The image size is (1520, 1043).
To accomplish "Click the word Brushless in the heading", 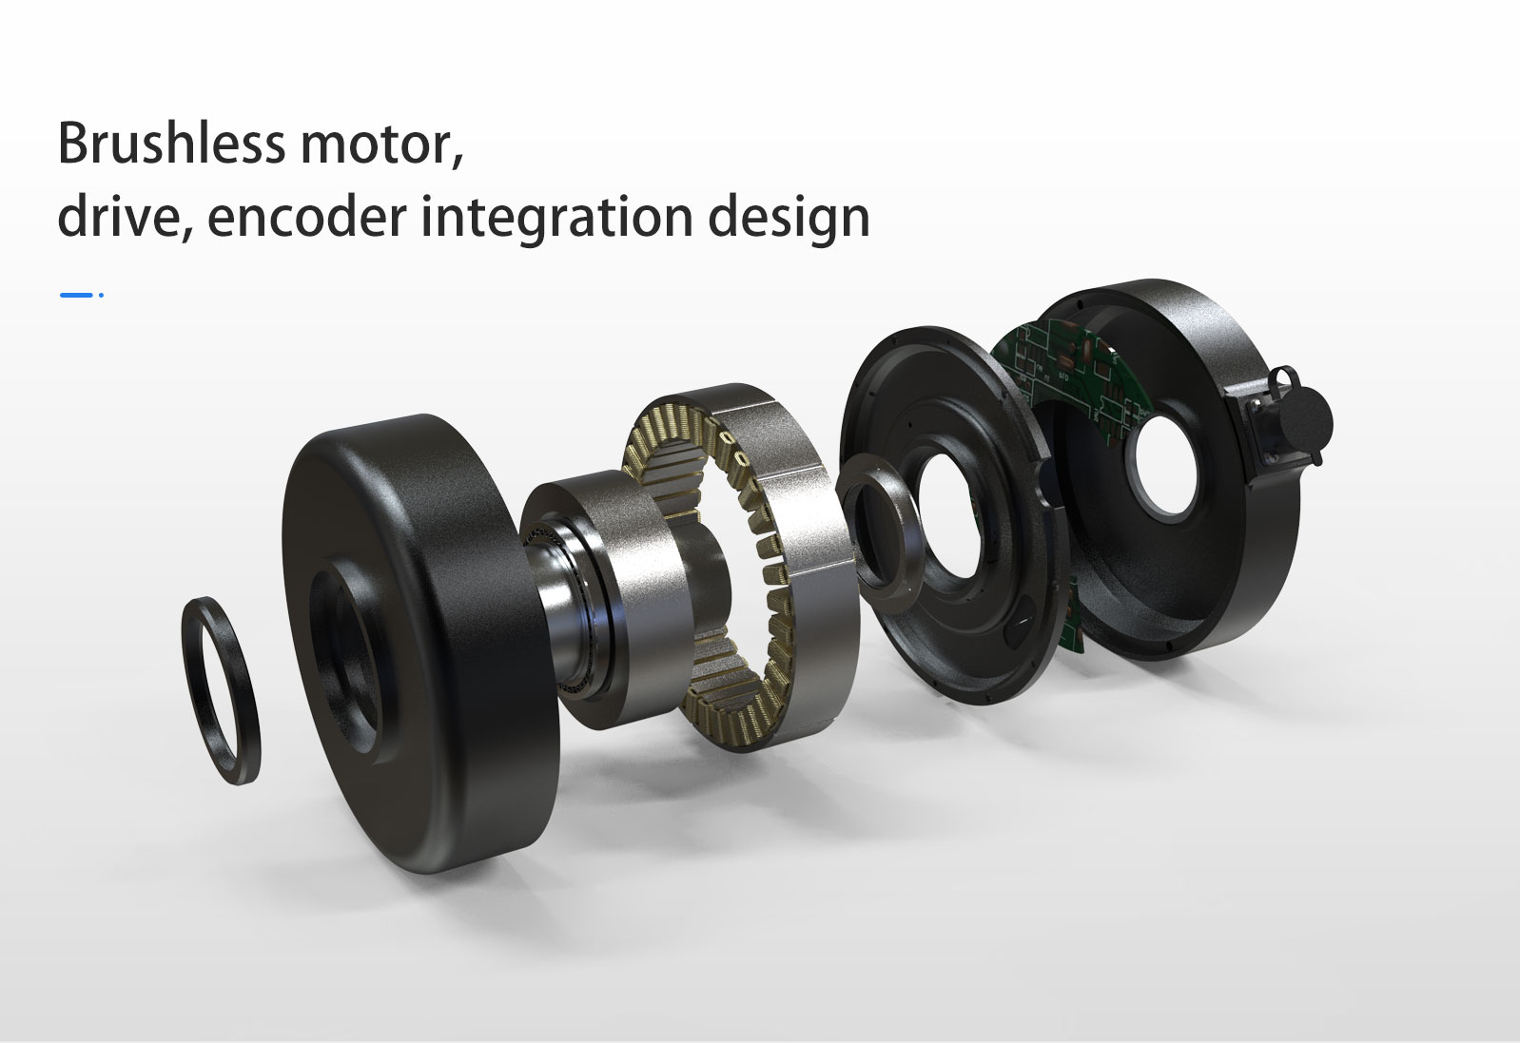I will [x=171, y=144].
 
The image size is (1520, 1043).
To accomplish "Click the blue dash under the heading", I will [x=75, y=295].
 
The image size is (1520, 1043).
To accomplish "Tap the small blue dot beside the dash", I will [x=101, y=295].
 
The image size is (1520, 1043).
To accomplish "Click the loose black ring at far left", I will [x=220, y=690].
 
